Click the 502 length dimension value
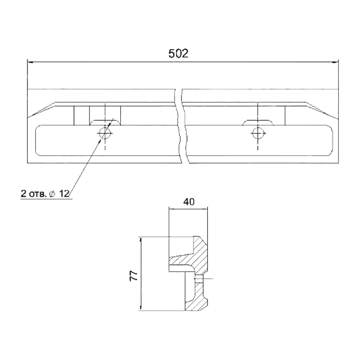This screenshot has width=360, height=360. [178, 53]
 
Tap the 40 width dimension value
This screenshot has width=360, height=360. [189, 202]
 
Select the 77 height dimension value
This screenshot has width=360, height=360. [134, 276]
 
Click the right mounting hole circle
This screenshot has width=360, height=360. [258, 133]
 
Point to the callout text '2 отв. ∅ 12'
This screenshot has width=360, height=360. [45, 194]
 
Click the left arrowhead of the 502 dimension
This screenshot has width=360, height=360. [30, 62]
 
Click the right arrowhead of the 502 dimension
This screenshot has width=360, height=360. [336, 62]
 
